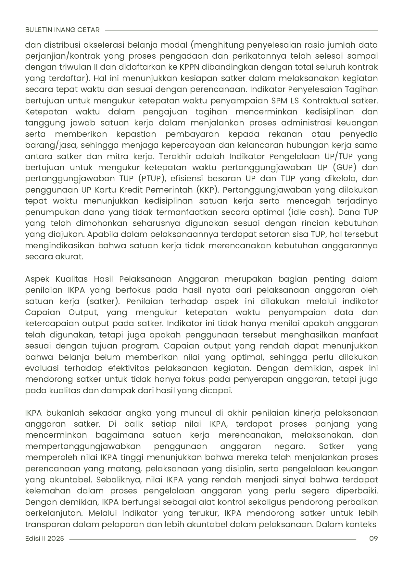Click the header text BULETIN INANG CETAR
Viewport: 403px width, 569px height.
[x=62, y=30]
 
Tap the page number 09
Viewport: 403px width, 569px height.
[x=373, y=539]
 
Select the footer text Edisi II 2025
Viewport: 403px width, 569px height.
[x=44, y=539]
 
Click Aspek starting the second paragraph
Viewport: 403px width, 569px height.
[x=37, y=279]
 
